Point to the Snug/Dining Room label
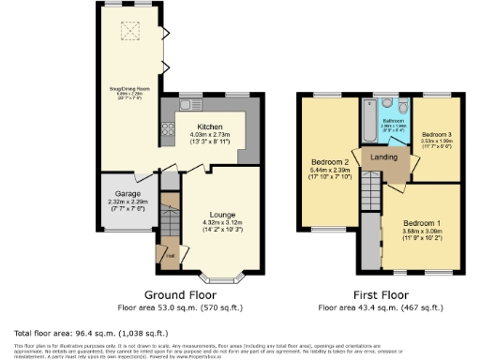pyautogui.click(x=128, y=88)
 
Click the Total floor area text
pyautogui.click(x=91, y=333)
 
